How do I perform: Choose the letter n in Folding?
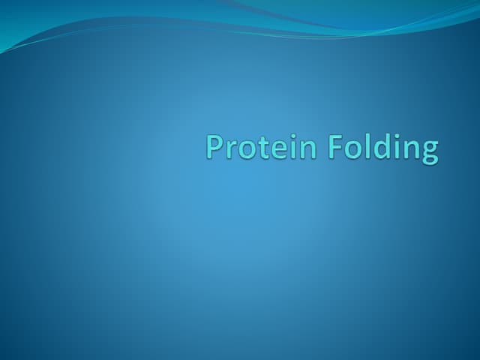[409, 150]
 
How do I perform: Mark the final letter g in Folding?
[428, 152]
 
